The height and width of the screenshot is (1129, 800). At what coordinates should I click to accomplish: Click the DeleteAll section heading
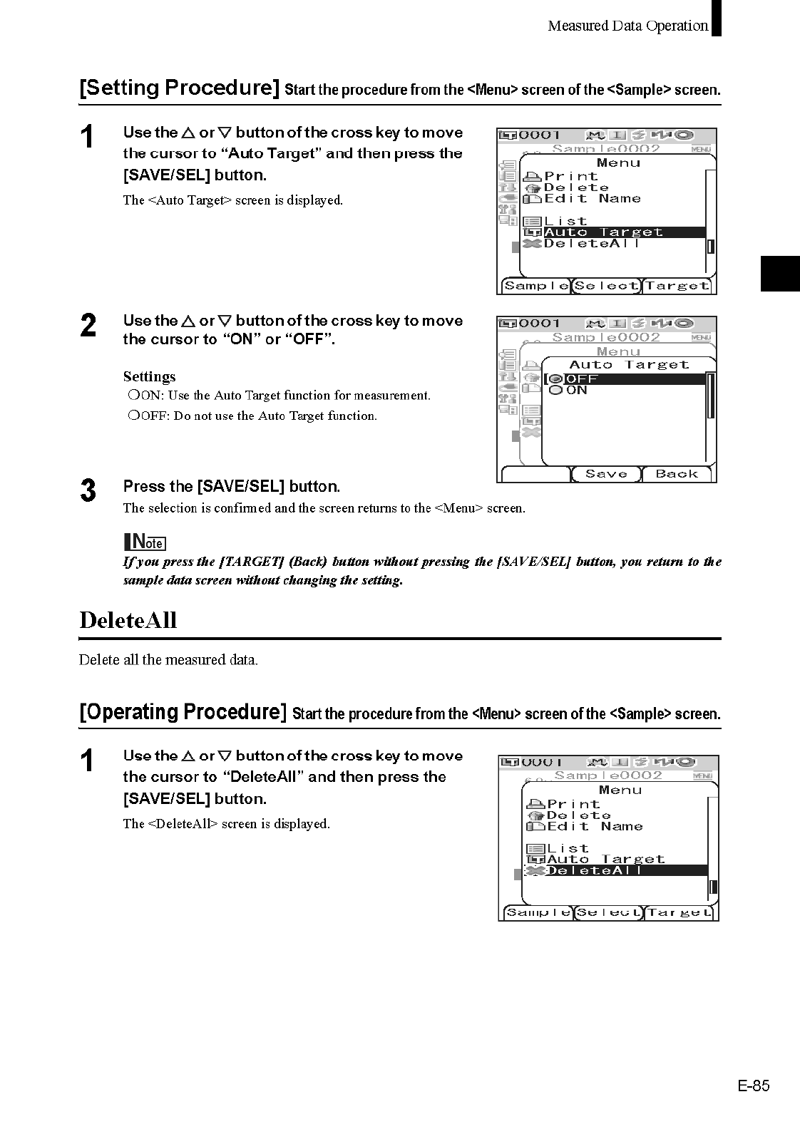click(x=128, y=620)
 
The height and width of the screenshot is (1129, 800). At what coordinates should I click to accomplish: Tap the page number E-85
click(x=754, y=1086)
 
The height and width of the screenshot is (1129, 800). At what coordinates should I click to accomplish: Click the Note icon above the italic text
click(x=145, y=542)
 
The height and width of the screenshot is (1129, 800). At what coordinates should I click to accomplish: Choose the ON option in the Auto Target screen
click(x=576, y=391)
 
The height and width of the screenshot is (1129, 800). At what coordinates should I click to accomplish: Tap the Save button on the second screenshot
click(x=606, y=474)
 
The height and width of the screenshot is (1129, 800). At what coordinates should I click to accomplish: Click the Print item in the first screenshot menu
click(x=570, y=176)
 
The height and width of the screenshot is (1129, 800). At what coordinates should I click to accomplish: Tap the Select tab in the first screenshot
click(x=607, y=286)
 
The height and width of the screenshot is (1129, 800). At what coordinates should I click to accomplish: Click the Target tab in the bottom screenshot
click(x=680, y=913)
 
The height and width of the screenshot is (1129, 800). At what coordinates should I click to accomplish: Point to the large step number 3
click(x=88, y=491)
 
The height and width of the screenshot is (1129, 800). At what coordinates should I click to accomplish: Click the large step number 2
click(x=88, y=325)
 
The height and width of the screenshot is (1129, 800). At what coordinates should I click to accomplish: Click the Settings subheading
click(x=149, y=376)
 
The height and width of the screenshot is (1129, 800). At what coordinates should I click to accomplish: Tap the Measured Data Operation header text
click(x=627, y=26)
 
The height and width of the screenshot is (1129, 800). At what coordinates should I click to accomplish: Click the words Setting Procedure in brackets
click(x=179, y=88)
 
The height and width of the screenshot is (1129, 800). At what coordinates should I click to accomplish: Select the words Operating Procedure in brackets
click(x=183, y=712)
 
